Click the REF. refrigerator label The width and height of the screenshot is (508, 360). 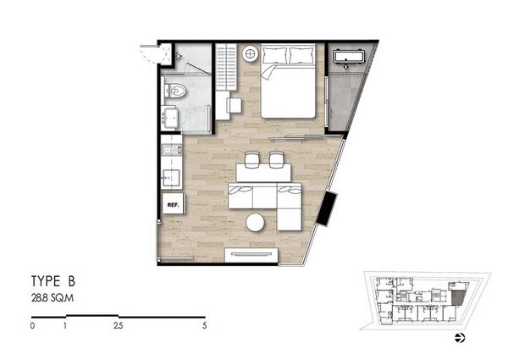click(173, 205)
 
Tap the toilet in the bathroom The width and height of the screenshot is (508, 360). click(175, 91)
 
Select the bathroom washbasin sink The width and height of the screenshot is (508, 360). click(170, 117)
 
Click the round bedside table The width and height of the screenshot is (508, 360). click(251, 53)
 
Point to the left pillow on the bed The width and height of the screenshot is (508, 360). click(274, 55)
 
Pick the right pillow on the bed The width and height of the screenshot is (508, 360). click(301, 55)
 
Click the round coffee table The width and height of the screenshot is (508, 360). click(256, 222)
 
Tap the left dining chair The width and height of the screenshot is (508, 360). click(252, 159)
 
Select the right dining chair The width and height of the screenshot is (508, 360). click(276, 159)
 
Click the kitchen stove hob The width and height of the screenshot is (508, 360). click(171, 150)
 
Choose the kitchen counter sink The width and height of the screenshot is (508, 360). click(171, 178)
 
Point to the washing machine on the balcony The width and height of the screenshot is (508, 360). click(349, 58)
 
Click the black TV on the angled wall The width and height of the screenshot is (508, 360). click(327, 208)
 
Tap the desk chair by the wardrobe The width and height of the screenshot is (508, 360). click(234, 105)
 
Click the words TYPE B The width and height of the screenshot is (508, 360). click(53, 281)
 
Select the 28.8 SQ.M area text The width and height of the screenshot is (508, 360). click(52, 298)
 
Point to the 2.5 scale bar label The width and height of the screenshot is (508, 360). click(119, 325)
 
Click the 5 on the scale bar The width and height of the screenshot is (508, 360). click(204, 325)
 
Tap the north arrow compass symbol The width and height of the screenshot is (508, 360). click(460, 338)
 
